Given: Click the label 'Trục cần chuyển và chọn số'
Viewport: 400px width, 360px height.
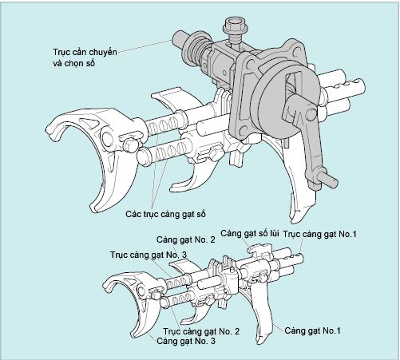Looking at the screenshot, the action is click(x=85, y=57).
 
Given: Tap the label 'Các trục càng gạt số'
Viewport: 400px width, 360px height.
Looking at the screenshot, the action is click(x=165, y=214).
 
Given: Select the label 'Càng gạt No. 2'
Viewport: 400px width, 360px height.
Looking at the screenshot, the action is click(x=185, y=239).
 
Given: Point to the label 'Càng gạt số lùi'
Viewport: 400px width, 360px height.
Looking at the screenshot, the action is click(x=250, y=233).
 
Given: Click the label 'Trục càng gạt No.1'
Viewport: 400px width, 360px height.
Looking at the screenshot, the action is click(x=319, y=234).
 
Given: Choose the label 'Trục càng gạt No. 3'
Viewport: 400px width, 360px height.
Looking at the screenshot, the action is click(x=149, y=255).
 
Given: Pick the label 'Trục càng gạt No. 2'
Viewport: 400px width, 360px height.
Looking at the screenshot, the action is click(x=201, y=331).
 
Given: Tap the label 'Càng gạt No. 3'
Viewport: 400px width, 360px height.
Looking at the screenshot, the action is click(x=186, y=341).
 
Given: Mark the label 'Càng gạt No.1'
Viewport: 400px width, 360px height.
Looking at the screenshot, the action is click(x=312, y=330).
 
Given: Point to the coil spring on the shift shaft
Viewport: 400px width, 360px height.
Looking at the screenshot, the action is click(x=198, y=50).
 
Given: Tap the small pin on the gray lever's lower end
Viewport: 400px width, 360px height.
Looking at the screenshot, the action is click(x=330, y=181).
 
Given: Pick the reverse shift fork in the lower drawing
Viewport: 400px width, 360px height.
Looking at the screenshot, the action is click(x=261, y=250).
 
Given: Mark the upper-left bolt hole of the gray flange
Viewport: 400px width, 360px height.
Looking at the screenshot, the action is click(x=251, y=64).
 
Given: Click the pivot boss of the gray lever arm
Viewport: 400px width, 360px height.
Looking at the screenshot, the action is click(x=311, y=114).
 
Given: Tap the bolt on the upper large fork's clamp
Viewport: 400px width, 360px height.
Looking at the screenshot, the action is click(x=130, y=146).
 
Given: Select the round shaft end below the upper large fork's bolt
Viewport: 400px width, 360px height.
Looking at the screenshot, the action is click(x=143, y=157).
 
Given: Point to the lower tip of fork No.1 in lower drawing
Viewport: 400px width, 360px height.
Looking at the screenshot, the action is click(x=259, y=341).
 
